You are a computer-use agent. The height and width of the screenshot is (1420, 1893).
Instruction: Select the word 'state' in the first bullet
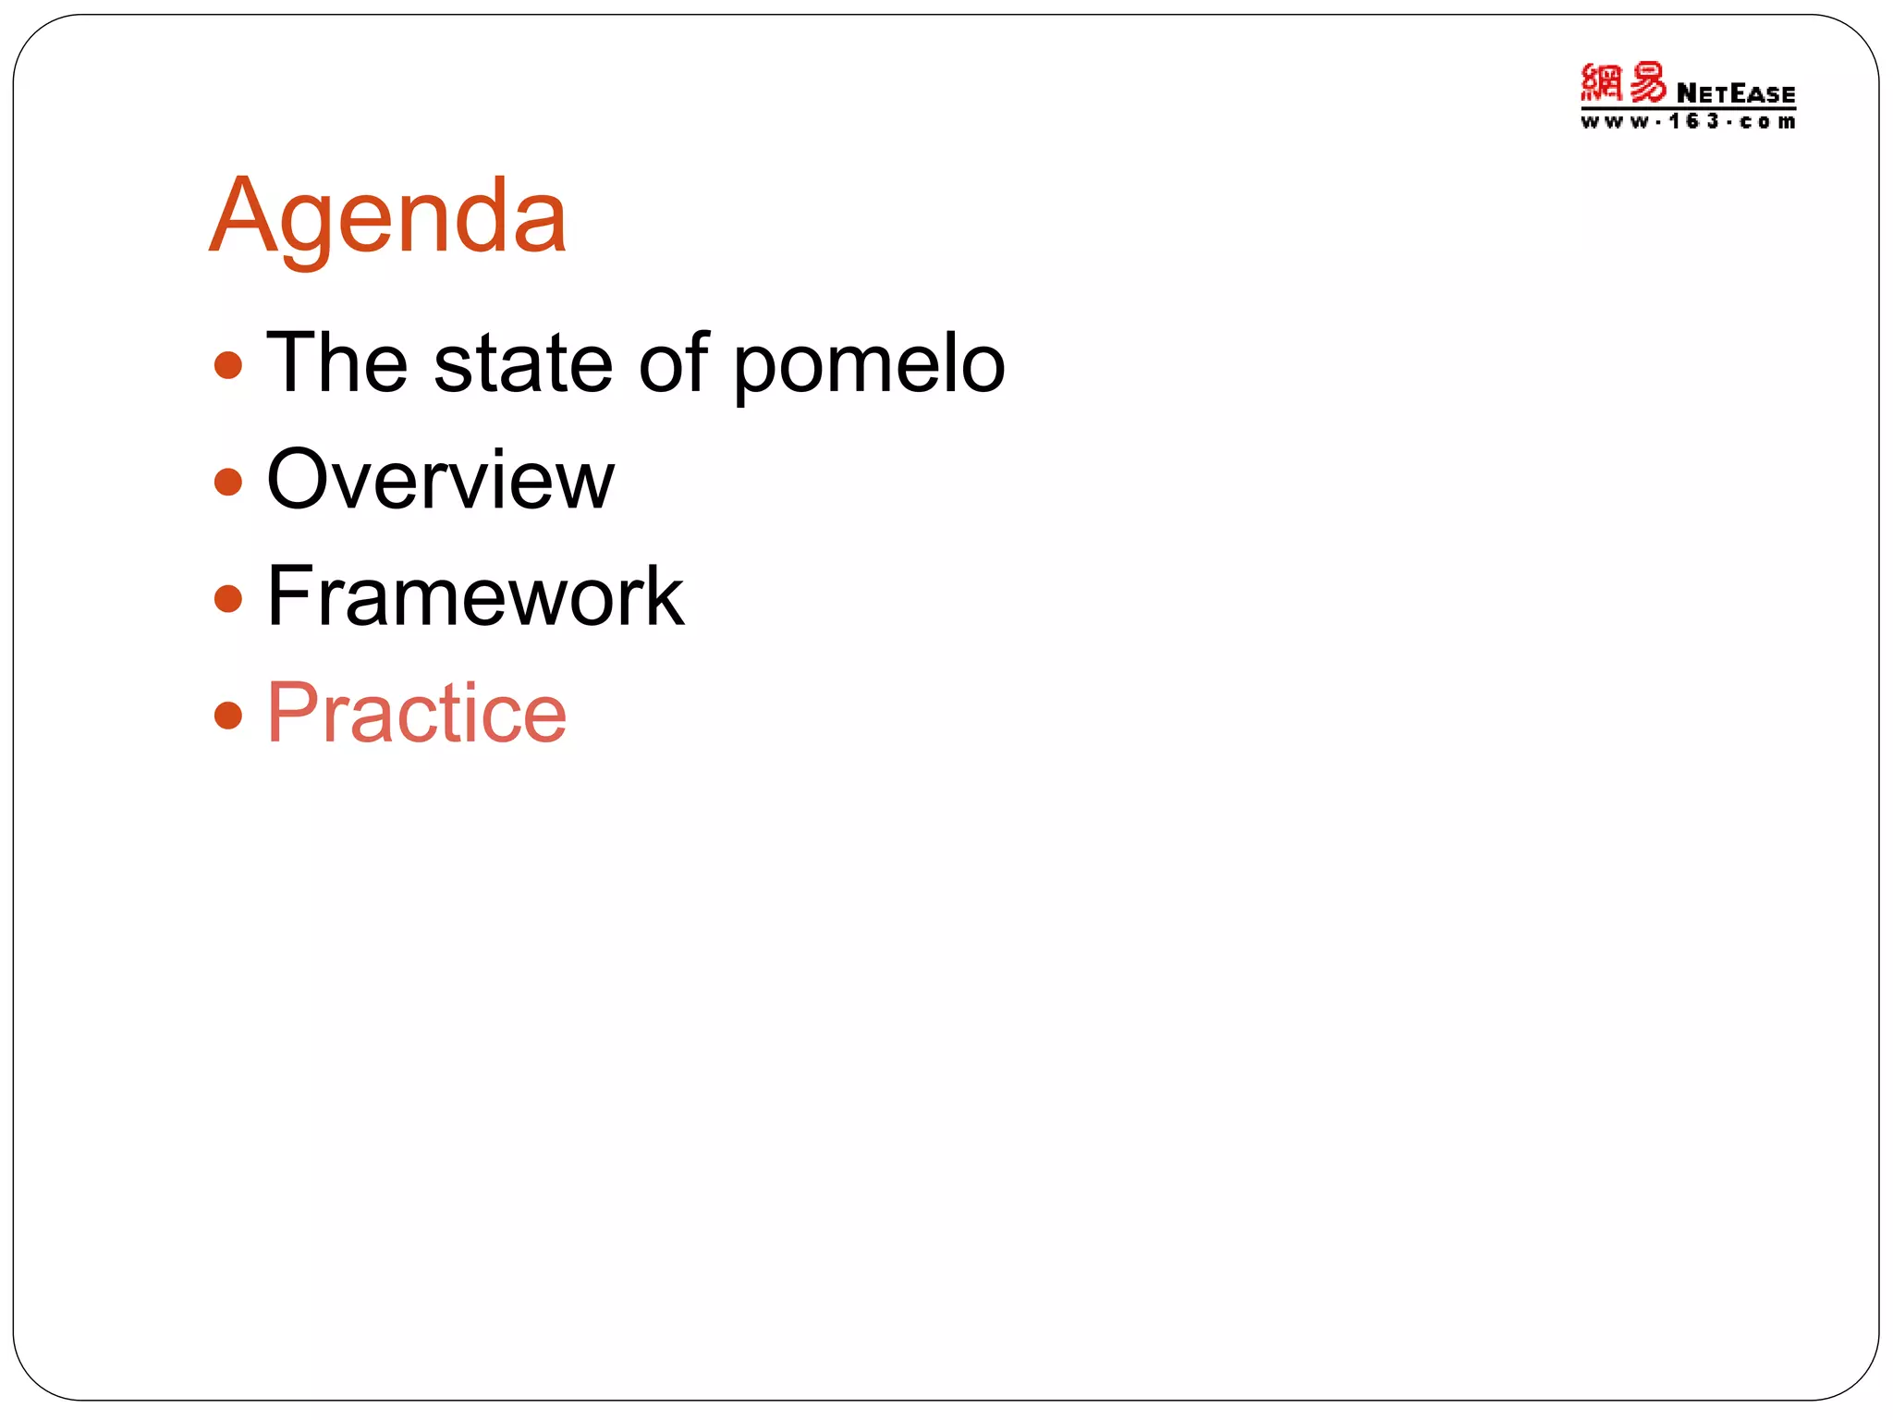tap(523, 363)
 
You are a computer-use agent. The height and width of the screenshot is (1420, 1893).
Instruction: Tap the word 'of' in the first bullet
tap(674, 363)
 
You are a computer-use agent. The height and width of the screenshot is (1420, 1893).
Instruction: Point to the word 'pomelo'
tap(869, 368)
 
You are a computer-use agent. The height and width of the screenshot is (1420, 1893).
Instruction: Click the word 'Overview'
tap(440, 479)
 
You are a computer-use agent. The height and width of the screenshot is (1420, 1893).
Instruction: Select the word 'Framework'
tap(475, 596)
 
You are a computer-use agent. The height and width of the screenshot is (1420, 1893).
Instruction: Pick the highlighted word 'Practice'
tap(416, 713)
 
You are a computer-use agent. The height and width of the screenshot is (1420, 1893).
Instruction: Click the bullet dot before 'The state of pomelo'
tap(227, 365)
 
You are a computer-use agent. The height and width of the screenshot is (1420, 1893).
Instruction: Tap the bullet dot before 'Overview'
tap(227, 482)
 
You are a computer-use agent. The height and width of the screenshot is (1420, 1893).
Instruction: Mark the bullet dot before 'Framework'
tap(227, 598)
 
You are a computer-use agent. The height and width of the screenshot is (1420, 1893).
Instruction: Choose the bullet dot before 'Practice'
tap(227, 715)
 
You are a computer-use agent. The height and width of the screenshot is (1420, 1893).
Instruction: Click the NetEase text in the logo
tap(1735, 94)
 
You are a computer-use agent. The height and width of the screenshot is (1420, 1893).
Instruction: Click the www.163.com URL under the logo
tap(1688, 122)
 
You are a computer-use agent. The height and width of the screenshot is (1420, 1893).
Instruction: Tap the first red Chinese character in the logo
tap(1602, 83)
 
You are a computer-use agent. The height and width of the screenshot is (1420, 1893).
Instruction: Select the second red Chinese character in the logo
tap(1647, 83)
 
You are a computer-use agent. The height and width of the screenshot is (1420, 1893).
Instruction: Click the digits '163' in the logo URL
tap(1693, 122)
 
